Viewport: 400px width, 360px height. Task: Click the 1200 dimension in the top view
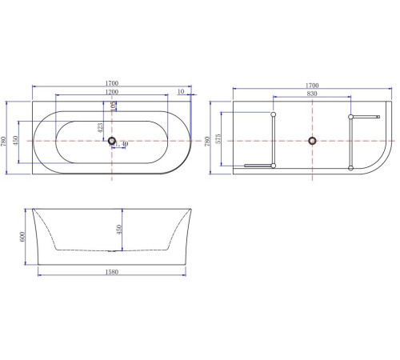[110, 91]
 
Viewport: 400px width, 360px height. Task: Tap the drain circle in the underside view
[312, 142]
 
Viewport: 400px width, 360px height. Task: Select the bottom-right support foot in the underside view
[350, 166]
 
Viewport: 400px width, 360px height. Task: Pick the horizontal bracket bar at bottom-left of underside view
[258, 166]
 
